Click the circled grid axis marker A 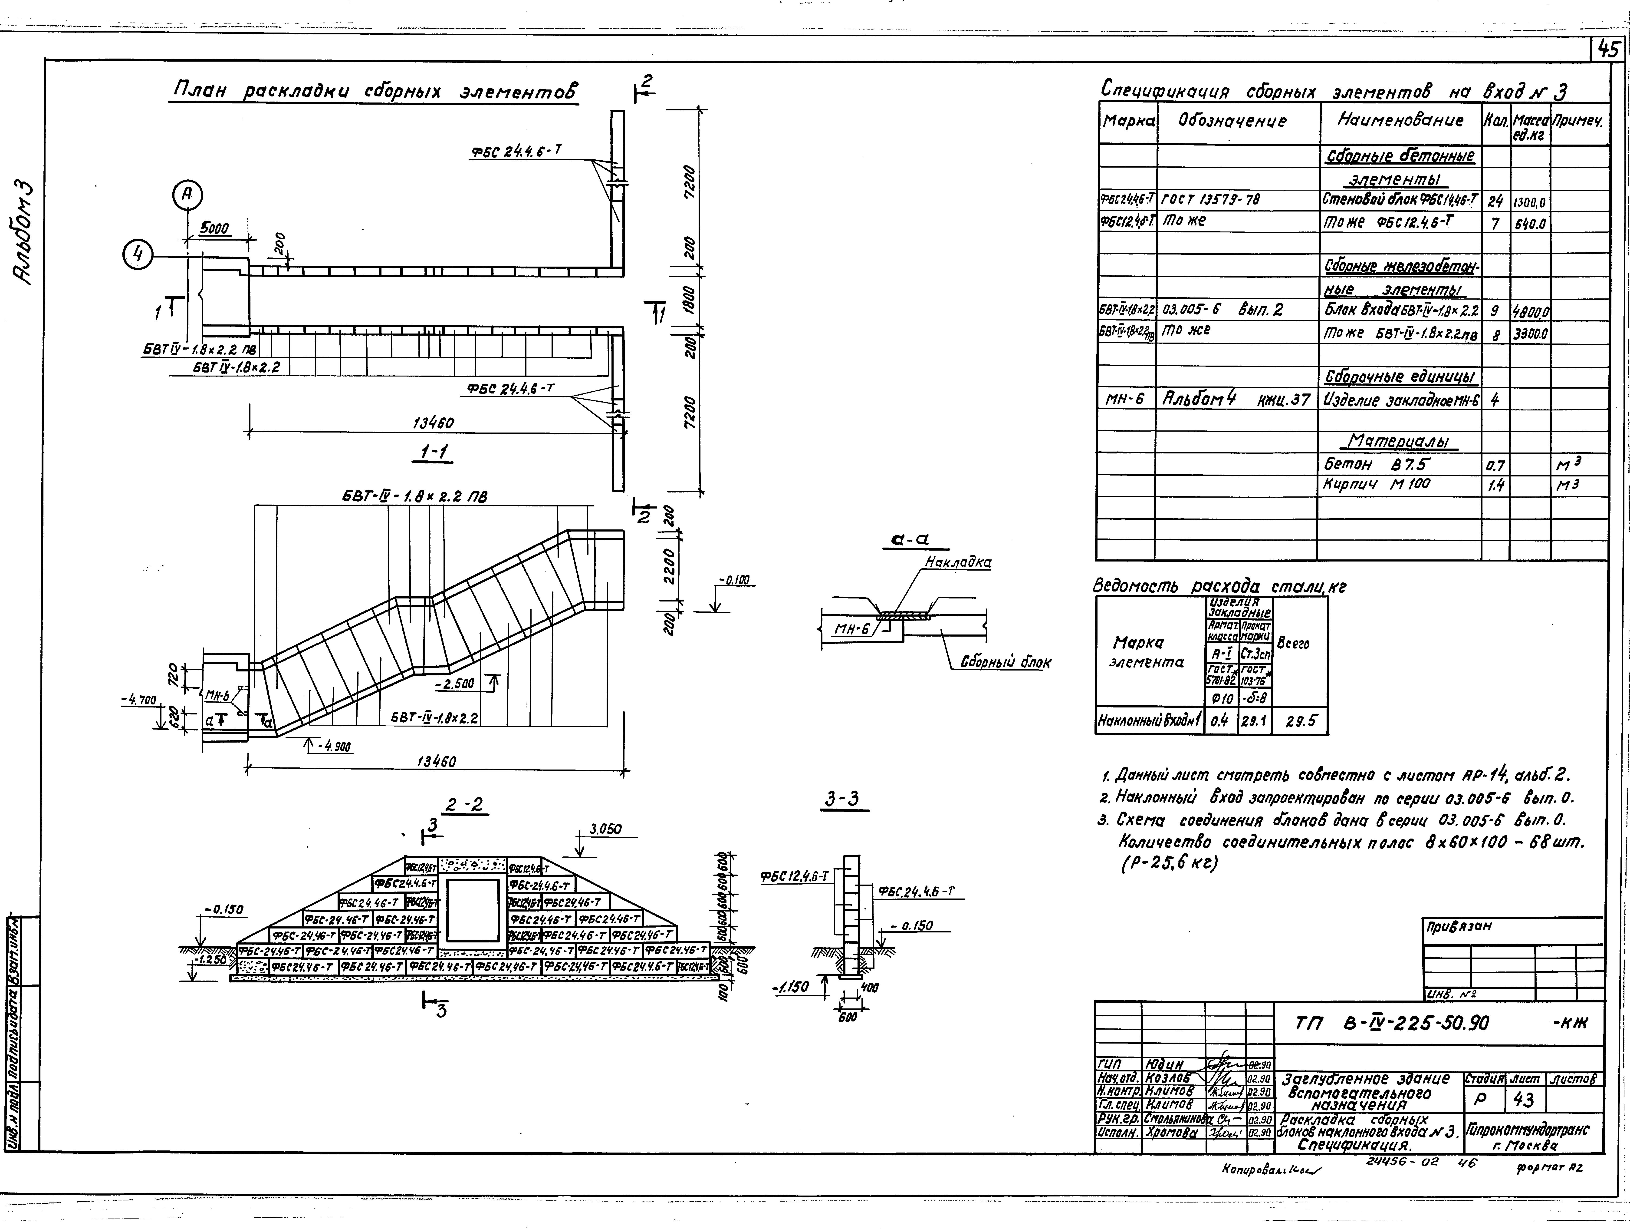(188, 194)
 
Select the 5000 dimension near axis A (214, 229)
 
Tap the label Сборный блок (1005, 662)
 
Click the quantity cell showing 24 (1495, 201)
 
